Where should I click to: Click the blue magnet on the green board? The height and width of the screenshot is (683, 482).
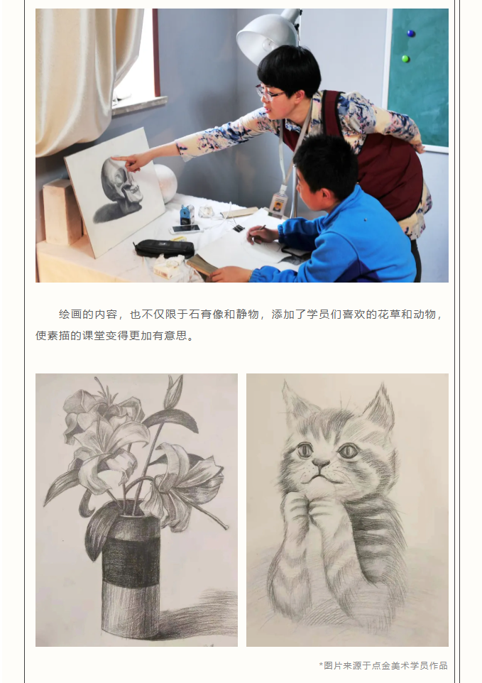[x=410, y=33]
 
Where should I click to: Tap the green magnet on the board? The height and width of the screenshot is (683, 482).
[x=405, y=58]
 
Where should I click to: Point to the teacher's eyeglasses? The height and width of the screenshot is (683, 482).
[x=267, y=92]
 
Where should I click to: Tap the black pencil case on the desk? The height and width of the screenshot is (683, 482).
[x=164, y=248]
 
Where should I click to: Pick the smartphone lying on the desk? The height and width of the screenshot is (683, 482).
[x=185, y=229]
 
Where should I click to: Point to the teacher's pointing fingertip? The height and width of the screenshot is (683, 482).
[x=113, y=159]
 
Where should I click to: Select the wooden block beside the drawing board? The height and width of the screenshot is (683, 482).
[x=62, y=212]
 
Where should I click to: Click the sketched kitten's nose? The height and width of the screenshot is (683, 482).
[x=320, y=464]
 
